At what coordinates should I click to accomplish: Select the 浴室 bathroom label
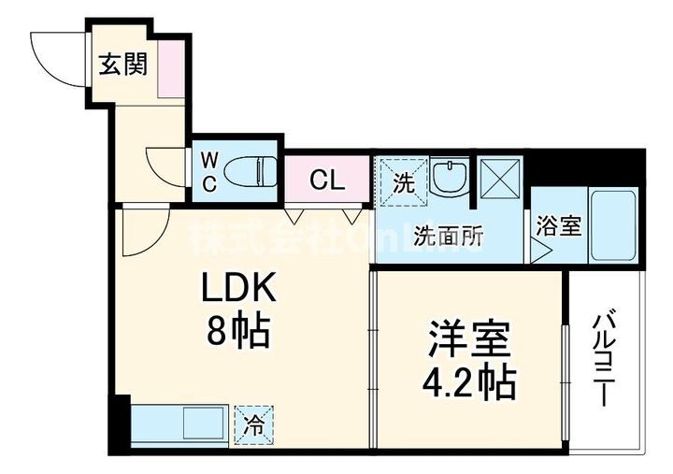(x=559, y=226)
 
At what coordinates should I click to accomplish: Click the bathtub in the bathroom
(x=613, y=225)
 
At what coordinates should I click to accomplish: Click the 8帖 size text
(x=237, y=330)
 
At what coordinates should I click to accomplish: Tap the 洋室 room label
(x=469, y=339)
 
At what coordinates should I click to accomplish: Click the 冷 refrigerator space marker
(x=253, y=424)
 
